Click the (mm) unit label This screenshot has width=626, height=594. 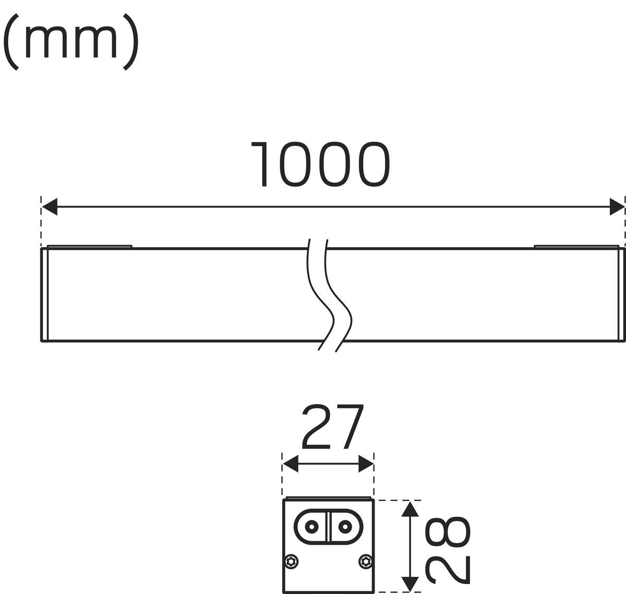point(71,42)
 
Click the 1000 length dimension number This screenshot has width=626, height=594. point(320,164)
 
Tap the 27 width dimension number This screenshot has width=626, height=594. point(332,427)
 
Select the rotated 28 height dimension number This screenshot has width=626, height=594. point(448,550)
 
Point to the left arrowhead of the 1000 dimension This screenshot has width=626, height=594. point(50,207)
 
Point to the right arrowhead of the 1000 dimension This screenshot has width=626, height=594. point(617,207)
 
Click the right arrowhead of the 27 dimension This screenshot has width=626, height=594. point(366,464)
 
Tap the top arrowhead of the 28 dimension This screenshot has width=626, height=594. point(410,508)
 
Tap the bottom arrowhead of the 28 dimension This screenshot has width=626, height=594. point(410,584)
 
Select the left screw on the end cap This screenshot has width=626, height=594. point(291,561)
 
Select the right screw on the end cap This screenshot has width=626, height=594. point(365,561)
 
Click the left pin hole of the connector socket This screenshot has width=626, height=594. point(312,527)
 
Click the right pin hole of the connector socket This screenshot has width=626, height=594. point(345,527)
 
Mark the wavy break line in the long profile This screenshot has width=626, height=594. point(329,295)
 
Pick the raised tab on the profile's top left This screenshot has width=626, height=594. point(90,247)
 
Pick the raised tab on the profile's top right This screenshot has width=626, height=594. point(576,247)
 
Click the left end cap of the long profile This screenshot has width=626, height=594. point(44,295)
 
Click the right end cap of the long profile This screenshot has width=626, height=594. point(621,295)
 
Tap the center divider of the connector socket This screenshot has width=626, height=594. point(328,527)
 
